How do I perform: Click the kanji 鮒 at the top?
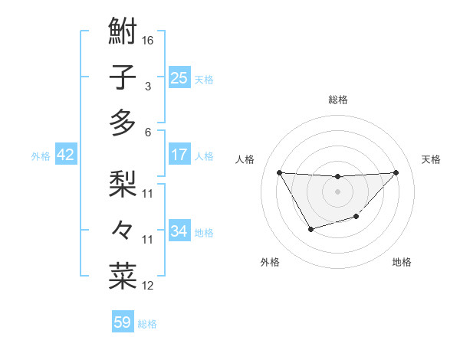123,31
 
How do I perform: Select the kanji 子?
123,77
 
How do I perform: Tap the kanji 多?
123,123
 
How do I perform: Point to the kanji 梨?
123,183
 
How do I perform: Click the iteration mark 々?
123,229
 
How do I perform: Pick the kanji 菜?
123,275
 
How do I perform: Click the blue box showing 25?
179,77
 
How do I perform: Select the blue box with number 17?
179,155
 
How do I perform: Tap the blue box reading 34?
179,231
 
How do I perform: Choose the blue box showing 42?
65,155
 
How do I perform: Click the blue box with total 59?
123,322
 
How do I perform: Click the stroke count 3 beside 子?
148,86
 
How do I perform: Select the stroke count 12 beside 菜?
149,286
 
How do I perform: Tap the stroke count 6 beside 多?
148,132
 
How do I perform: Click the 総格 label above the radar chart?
337,100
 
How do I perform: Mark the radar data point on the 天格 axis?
396,172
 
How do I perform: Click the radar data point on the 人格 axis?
279,172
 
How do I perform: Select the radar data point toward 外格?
310,229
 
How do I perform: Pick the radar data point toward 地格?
356,218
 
